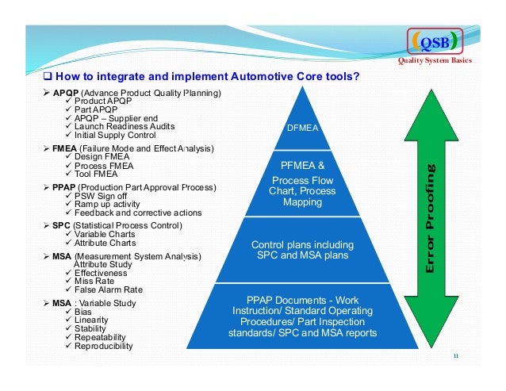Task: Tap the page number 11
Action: click(456, 355)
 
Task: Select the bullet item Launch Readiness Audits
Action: click(125, 127)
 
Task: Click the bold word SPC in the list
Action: click(61, 225)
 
